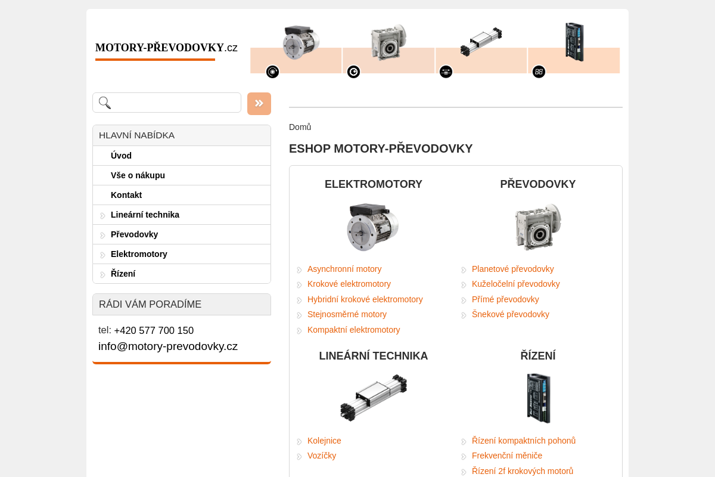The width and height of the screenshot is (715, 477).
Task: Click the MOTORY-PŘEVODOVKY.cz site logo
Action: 166,48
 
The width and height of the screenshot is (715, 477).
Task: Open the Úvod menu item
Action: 121,156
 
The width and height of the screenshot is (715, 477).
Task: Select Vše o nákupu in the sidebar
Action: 138,175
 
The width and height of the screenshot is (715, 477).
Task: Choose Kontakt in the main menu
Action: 126,195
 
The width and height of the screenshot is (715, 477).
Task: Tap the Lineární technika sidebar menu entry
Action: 145,215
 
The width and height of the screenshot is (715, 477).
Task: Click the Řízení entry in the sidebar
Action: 123,274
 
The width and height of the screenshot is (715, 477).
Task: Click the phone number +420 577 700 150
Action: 154,330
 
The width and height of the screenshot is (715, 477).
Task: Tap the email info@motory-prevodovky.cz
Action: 168,346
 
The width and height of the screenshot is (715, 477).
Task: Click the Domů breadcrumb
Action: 300,127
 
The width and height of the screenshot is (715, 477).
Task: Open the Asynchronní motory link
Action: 344,269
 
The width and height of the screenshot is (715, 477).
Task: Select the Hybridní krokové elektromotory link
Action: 365,299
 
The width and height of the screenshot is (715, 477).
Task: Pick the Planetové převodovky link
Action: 512,269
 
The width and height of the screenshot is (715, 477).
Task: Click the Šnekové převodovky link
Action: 510,314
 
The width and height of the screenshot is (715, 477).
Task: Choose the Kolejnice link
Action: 324,441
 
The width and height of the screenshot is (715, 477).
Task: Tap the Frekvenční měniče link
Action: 506,456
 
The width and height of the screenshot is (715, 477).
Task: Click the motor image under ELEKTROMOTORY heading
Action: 373,227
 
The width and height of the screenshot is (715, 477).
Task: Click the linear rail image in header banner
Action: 480,42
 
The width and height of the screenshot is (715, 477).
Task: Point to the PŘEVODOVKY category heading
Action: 537,184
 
